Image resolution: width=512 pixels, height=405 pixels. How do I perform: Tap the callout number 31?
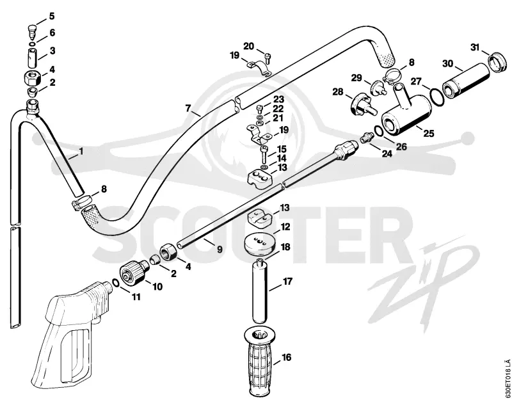tap(474, 47)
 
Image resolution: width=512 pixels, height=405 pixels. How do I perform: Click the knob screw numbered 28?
tap(362, 105)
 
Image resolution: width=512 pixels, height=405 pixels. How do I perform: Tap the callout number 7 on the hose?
tap(188, 108)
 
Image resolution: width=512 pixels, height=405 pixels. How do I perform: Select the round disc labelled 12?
tap(260, 245)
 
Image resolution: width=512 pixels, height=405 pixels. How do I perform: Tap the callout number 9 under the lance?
tap(220, 250)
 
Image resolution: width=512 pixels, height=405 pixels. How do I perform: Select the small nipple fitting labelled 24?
tap(366, 137)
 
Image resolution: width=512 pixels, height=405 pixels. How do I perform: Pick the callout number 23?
tap(278, 99)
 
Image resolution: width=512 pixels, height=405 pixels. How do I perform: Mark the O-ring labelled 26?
tap(379, 131)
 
